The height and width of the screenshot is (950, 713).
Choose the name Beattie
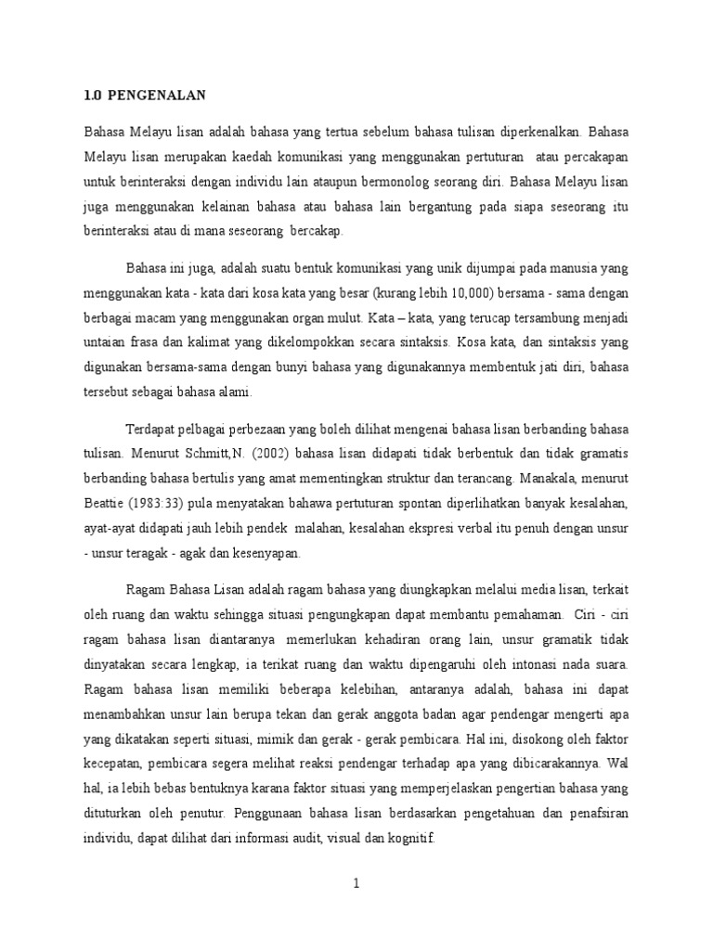[103, 504]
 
